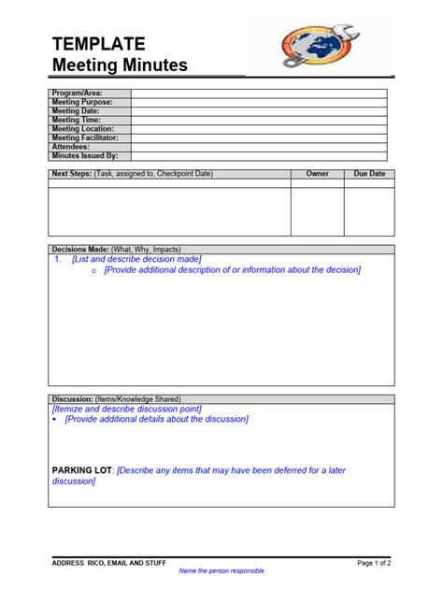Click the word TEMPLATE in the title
[x=98, y=44]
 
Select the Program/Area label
[x=77, y=94]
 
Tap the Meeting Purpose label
[x=81, y=102]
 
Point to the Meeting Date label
[x=76, y=111]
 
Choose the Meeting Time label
[x=76, y=120]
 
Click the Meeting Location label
[x=82, y=129]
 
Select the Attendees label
[x=71, y=147]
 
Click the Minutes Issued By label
[x=84, y=156]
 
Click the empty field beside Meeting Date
[x=259, y=111]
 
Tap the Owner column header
[x=317, y=174]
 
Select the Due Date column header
[x=369, y=174]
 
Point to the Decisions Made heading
[x=79, y=250]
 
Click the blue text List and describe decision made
[x=136, y=259]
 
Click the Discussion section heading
[x=76, y=399]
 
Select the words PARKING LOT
[x=82, y=470]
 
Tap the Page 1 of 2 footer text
[x=374, y=563]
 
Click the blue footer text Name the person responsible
[x=221, y=571]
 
